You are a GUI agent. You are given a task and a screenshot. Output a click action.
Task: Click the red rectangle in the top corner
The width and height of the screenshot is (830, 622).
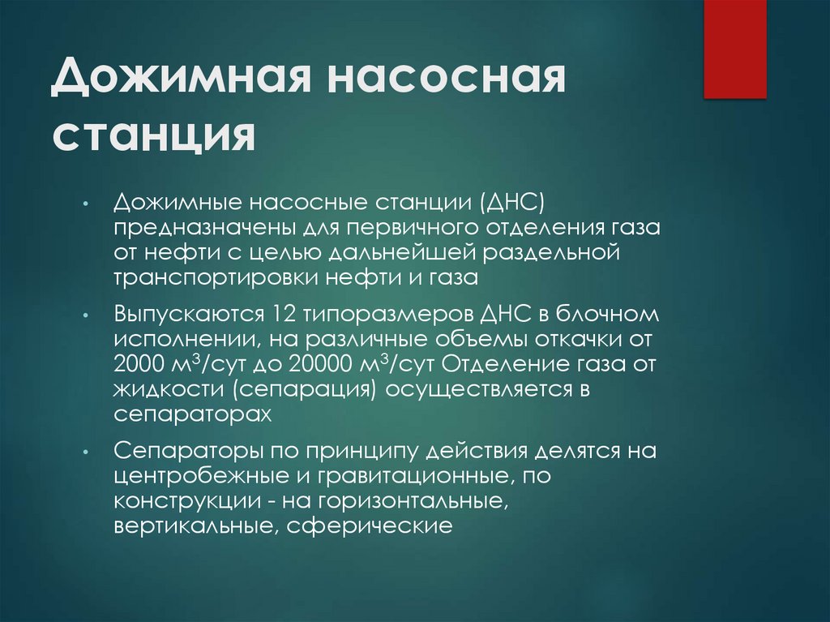coord(734,49)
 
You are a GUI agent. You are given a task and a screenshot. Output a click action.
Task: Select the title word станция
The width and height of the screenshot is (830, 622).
coord(154,135)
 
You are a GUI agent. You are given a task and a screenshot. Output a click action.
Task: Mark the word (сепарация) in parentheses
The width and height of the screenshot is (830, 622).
coord(306,389)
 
